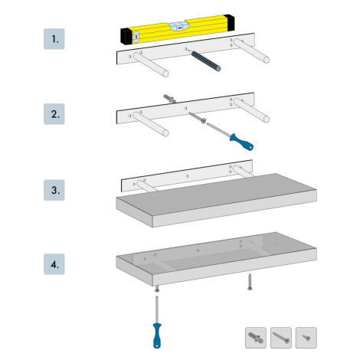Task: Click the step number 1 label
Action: (54, 39)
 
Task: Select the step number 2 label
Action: (54, 114)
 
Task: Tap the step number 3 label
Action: (54, 190)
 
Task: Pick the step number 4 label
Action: (54, 264)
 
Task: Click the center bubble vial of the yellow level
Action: (178, 27)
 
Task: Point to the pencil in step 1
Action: (205, 61)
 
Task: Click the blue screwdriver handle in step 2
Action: (241, 142)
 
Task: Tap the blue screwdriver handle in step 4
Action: (157, 335)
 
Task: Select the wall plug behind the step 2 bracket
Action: (169, 99)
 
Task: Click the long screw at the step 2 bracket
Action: (197, 117)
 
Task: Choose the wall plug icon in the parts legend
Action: (256, 338)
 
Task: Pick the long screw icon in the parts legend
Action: (281, 338)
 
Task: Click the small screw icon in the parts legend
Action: (306, 338)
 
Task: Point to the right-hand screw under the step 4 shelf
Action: (250, 281)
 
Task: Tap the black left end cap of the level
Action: (126, 36)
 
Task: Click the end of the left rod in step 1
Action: (165, 74)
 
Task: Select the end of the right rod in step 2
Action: (266, 119)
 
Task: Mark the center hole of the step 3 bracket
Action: (187, 176)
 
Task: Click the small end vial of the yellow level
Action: (136, 37)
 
